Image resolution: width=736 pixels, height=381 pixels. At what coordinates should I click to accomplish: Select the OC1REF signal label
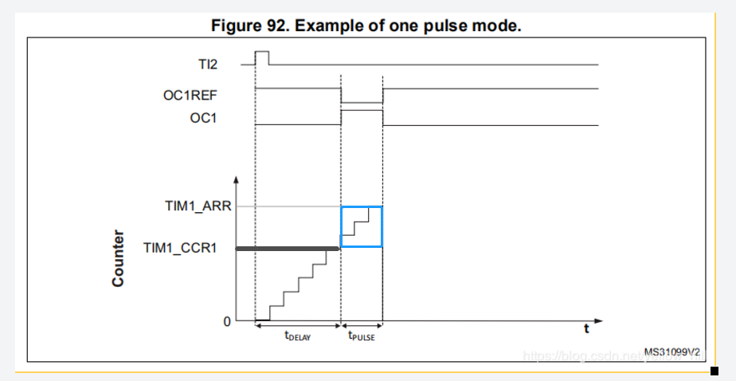[190, 96]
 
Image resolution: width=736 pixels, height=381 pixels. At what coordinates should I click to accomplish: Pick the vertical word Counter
[118, 258]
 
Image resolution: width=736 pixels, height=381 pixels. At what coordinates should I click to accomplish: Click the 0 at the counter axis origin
[227, 321]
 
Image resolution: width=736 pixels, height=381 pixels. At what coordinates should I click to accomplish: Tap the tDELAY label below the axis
[297, 336]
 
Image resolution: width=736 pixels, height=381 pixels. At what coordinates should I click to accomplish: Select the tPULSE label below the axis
[362, 336]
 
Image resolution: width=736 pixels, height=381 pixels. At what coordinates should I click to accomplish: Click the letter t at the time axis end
[585, 328]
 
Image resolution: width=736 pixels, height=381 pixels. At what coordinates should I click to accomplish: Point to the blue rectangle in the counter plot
[362, 226]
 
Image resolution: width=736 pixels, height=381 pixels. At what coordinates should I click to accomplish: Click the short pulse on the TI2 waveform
[261, 57]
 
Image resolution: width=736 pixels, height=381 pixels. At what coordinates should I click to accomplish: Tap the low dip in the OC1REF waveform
[362, 102]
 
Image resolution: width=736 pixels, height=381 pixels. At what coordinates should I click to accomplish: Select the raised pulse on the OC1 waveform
[362, 112]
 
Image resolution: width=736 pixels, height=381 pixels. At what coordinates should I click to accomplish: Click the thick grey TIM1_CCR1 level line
[287, 249]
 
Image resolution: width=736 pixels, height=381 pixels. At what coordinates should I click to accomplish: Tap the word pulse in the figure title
[448, 26]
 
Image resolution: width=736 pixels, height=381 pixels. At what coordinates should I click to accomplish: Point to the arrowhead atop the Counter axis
[237, 177]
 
